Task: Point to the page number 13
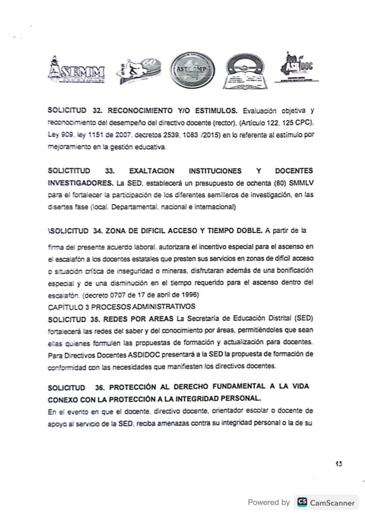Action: click(338, 464)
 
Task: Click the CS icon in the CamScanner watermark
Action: click(302, 502)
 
